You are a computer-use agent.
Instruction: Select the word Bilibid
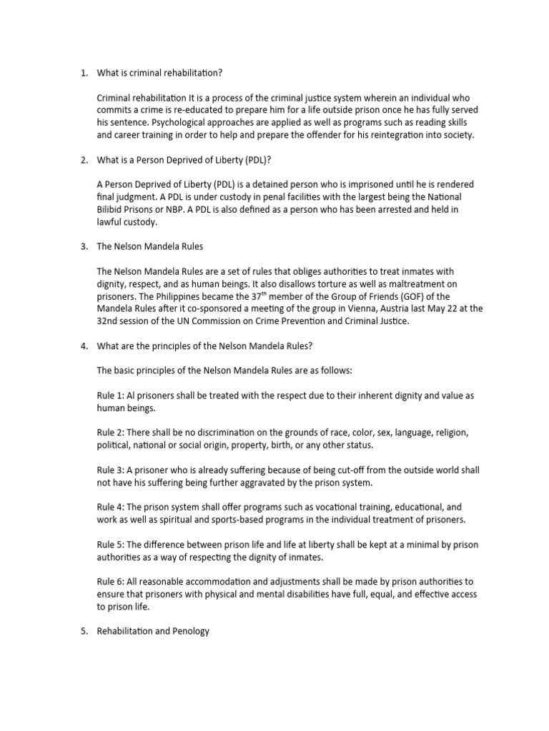coord(114,209)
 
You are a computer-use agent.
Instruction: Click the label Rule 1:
coord(111,395)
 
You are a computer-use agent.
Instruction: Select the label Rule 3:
coord(111,470)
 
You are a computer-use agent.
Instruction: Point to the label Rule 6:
coord(111,582)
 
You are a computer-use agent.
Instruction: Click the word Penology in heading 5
coord(188,632)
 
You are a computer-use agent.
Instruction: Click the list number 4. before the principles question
coord(84,346)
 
